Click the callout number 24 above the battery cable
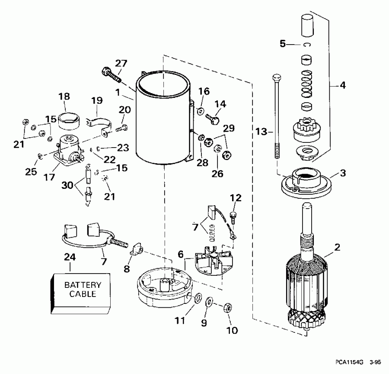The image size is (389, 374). pos(70,257)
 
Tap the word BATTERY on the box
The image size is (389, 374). pos(83,285)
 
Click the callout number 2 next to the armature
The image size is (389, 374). pos(338,248)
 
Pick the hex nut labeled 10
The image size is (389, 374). pos(226,308)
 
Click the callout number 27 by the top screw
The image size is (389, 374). pos(121,63)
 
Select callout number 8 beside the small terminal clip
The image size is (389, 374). pos(126,268)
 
